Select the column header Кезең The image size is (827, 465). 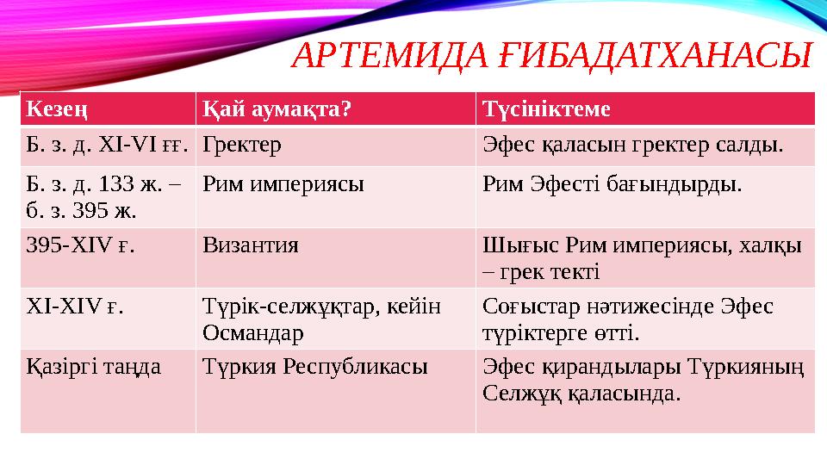(58, 108)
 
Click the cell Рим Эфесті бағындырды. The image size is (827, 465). (612, 184)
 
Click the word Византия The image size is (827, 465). (251, 245)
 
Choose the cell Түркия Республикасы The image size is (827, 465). (314, 368)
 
